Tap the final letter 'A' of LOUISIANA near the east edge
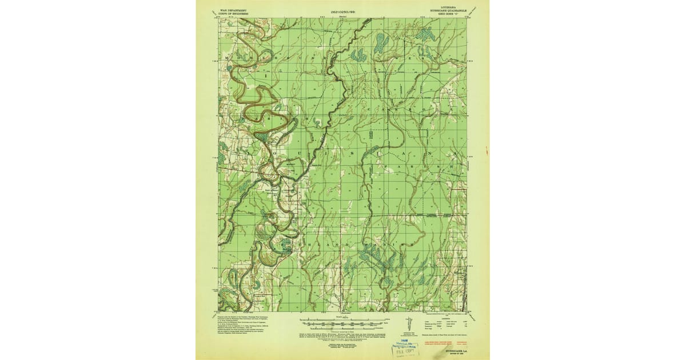454,155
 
